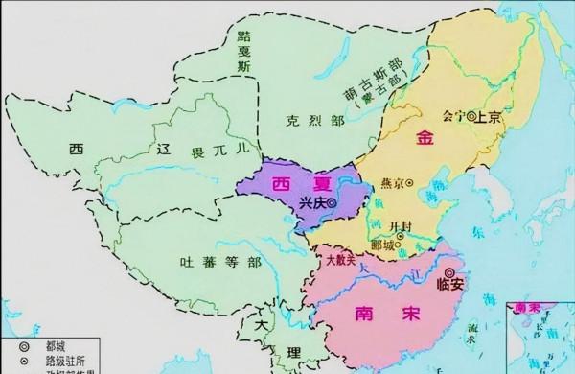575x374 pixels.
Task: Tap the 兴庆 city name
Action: (x=309, y=203)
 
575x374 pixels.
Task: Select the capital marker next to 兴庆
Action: (x=332, y=203)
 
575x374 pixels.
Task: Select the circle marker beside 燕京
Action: (x=410, y=182)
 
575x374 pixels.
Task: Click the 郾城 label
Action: (x=384, y=245)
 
